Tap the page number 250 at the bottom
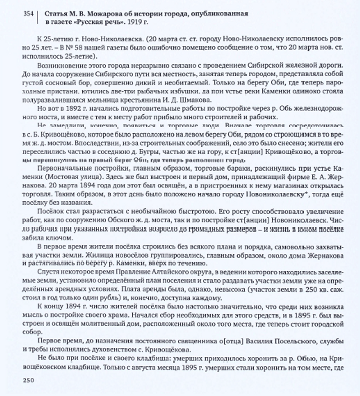point(28,380)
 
